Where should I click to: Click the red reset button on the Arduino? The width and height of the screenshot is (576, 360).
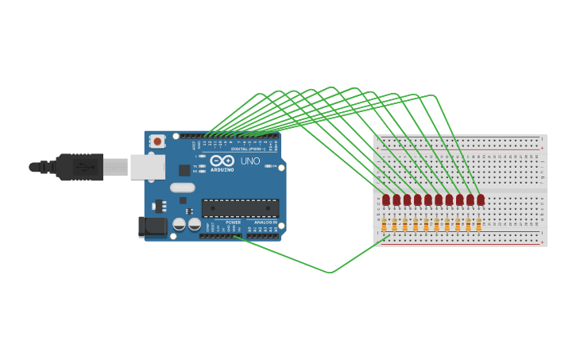tap(157, 141)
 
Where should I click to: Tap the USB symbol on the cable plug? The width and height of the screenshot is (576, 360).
tap(83, 167)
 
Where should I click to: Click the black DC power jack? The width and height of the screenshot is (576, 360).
tap(152, 226)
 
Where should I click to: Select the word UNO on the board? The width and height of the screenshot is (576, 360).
tap(250, 161)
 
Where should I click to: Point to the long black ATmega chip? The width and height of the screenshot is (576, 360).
tap(240, 208)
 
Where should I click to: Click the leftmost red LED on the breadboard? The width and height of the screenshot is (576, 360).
tap(386, 199)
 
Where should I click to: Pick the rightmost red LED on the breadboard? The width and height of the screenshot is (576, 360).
tap(481, 199)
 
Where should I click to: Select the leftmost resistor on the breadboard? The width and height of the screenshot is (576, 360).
tap(385, 225)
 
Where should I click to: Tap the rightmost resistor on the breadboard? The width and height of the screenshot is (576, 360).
tap(478, 225)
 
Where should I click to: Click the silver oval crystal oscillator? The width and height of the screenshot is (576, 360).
tap(182, 188)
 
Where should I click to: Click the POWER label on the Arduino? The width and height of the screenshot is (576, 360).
tap(233, 223)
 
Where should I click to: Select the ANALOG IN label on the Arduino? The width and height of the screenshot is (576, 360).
tap(265, 223)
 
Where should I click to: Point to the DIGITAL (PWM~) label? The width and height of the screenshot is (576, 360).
tap(248, 149)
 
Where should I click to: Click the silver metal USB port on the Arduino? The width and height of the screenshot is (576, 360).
tap(147, 167)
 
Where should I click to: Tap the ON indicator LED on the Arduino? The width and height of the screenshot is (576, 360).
tap(269, 166)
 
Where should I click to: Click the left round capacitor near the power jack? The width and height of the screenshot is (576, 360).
tap(180, 225)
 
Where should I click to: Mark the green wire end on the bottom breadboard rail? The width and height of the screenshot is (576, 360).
tap(389, 236)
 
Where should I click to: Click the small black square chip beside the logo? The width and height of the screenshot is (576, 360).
tap(184, 170)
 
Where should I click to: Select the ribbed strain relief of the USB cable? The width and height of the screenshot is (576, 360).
tap(48, 167)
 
